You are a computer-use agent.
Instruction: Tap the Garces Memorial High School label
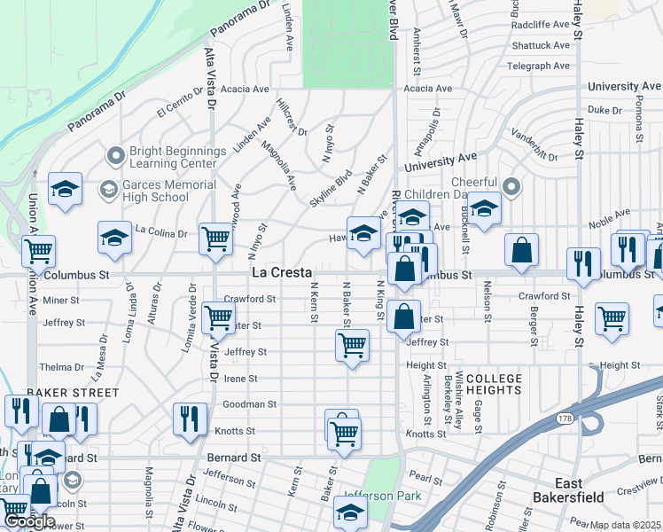(x=168, y=191)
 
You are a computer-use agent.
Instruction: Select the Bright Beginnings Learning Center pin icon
(x=114, y=156)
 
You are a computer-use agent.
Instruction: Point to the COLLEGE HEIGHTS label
(x=487, y=384)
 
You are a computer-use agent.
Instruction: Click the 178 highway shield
(x=564, y=417)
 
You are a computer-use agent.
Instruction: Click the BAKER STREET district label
(x=73, y=392)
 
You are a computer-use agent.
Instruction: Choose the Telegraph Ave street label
(x=538, y=66)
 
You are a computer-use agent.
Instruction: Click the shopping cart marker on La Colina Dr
(x=215, y=239)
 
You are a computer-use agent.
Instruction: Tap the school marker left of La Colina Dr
(x=113, y=238)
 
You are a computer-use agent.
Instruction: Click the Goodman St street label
(x=249, y=404)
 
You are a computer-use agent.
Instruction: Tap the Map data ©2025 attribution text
(x=626, y=525)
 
